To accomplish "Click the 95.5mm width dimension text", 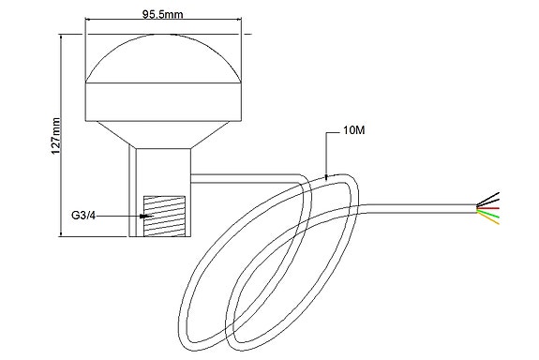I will tap(163, 16).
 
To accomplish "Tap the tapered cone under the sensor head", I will tap(164, 134).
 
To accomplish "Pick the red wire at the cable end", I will tap(490, 207).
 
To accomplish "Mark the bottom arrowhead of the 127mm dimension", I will tap(63, 235).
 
